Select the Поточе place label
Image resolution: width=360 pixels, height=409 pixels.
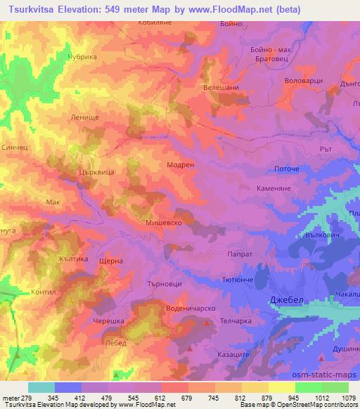(286, 169)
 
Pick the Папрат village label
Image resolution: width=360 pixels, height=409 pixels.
(236, 256)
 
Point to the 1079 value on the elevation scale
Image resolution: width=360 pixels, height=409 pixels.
(347, 398)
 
